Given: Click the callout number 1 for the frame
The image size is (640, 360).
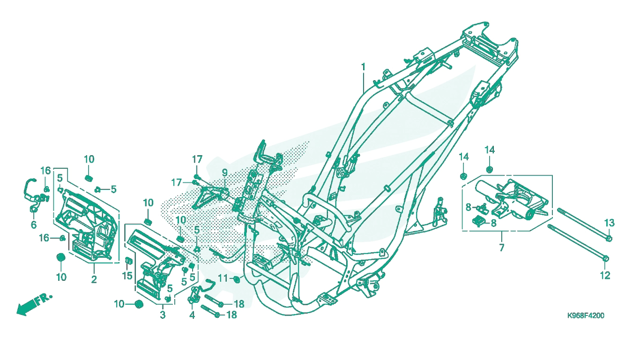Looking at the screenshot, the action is [363, 67].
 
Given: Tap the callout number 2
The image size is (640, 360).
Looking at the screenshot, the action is [94, 279].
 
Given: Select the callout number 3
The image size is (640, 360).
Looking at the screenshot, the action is [163, 315].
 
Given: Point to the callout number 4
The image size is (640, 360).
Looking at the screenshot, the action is [192, 315].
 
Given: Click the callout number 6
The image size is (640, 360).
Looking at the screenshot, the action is [34, 225].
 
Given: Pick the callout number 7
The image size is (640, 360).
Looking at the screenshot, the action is [502, 247].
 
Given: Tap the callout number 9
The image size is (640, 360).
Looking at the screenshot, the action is [225, 173].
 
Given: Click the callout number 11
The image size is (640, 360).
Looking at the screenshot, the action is [223, 278].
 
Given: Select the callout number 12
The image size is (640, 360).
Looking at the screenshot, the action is [605, 275].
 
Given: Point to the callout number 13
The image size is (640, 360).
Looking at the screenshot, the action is [609, 223].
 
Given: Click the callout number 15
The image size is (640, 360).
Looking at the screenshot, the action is [127, 276].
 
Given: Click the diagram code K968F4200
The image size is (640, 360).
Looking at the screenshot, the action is [586, 315].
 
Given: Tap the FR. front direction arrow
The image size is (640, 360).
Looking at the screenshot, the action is [34, 304].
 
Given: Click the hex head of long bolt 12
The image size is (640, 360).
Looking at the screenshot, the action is [605, 259].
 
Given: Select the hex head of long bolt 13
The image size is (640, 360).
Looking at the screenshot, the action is [609, 239].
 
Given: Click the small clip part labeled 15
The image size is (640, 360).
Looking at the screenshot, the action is [128, 261].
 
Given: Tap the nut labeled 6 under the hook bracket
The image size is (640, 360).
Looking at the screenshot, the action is [33, 210].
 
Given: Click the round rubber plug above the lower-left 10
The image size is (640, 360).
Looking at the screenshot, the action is [60, 257].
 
